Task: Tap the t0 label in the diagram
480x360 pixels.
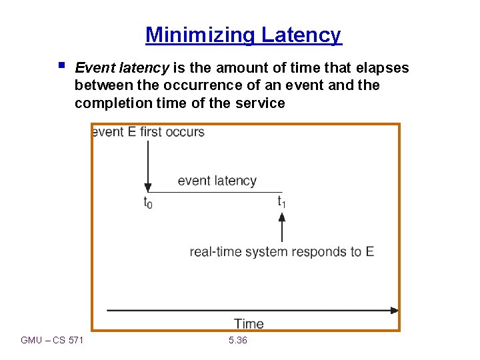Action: pyautogui.click(x=148, y=203)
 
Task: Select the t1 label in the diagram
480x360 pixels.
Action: pyautogui.click(x=282, y=201)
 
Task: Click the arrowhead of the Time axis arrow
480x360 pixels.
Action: pyautogui.click(x=394, y=310)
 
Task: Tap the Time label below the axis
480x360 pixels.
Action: pyautogui.click(x=249, y=324)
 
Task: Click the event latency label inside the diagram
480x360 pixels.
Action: pyautogui.click(x=217, y=181)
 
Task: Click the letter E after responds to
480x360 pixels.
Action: pyautogui.click(x=369, y=251)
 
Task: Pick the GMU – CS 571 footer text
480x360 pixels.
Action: pyautogui.click(x=52, y=341)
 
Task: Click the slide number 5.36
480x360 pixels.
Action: pyautogui.click(x=237, y=341)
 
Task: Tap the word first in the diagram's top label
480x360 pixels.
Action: pyautogui.click(x=151, y=131)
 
